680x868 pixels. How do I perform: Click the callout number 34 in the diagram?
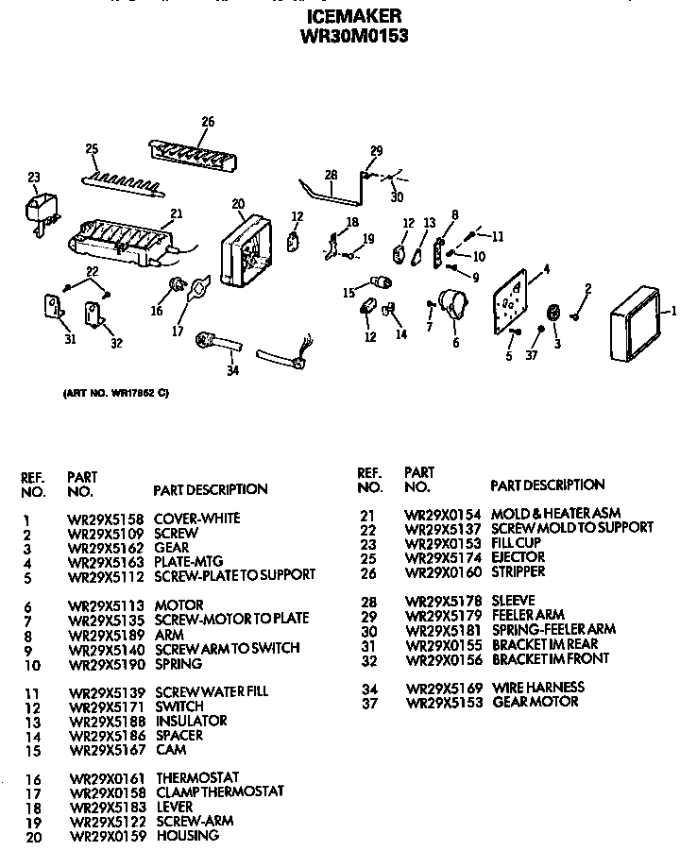[231, 370]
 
